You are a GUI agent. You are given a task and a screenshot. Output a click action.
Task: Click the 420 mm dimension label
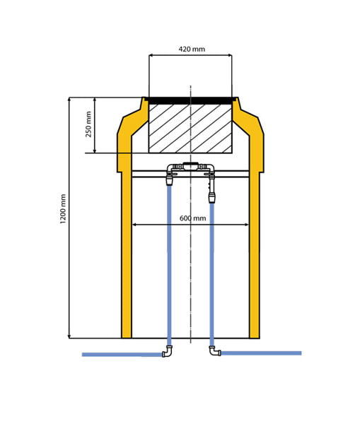tap(192, 49)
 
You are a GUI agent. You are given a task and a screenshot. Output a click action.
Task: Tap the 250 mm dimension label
tap(88, 124)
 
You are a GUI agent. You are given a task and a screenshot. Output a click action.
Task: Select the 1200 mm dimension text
tap(63, 208)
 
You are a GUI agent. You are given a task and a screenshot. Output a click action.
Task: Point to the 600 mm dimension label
tap(192, 218)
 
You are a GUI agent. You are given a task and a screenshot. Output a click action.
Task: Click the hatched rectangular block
tap(190, 129)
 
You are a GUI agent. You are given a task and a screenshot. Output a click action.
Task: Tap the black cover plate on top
tap(190, 100)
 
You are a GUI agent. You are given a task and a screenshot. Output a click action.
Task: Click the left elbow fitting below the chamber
tap(167, 351)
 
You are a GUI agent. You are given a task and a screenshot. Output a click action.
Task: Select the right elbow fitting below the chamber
tap(215, 351)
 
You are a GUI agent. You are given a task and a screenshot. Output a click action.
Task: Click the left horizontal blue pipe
tap(122, 355)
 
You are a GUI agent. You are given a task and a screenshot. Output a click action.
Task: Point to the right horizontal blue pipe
tap(261, 353)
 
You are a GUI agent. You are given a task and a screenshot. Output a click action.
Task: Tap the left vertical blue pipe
tap(169, 266)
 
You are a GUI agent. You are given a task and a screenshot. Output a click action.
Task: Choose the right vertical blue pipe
tap(212, 274)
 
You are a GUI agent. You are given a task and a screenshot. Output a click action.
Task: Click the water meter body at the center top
tap(191, 166)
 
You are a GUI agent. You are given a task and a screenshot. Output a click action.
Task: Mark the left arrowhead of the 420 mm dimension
tap(151, 55)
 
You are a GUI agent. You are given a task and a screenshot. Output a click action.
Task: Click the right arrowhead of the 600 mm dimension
tap(247, 225)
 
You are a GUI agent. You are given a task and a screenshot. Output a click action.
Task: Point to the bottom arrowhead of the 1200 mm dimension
tap(69, 336)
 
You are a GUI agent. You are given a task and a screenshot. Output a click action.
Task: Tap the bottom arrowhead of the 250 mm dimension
tap(95, 151)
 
